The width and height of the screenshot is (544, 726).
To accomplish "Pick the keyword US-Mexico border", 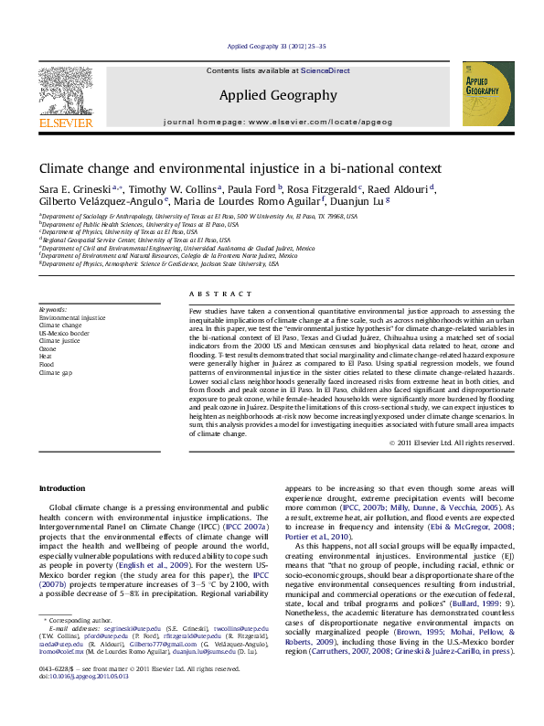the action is [x=63, y=333].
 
